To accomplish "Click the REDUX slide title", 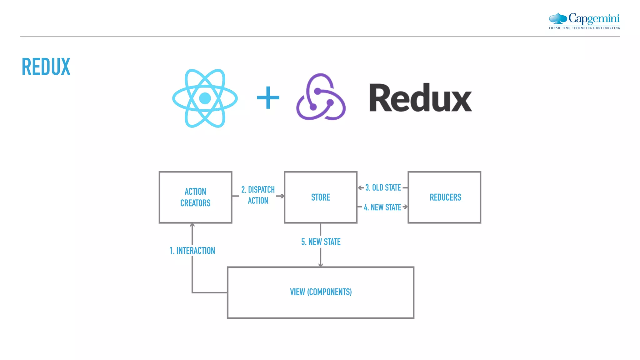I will click(46, 67).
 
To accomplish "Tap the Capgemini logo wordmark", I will click(594, 18).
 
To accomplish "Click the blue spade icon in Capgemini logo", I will click(558, 18).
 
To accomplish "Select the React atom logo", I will click(205, 98).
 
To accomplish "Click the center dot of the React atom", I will click(205, 98).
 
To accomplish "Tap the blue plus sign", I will click(268, 98).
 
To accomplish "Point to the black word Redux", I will click(420, 98).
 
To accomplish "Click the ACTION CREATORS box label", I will click(195, 197).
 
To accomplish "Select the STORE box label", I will click(321, 197).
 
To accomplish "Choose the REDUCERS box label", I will click(445, 197).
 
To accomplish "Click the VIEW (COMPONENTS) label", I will click(321, 292).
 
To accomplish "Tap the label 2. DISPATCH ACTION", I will click(258, 195).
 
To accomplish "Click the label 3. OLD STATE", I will click(383, 187).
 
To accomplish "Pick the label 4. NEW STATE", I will click(382, 207).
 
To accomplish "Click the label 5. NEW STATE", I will click(321, 242).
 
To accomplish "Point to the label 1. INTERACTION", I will click(192, 251).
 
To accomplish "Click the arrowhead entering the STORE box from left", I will click(282, 196).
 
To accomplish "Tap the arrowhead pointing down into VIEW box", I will click(321, 265).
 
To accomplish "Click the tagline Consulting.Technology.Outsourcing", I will click(584, 28).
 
